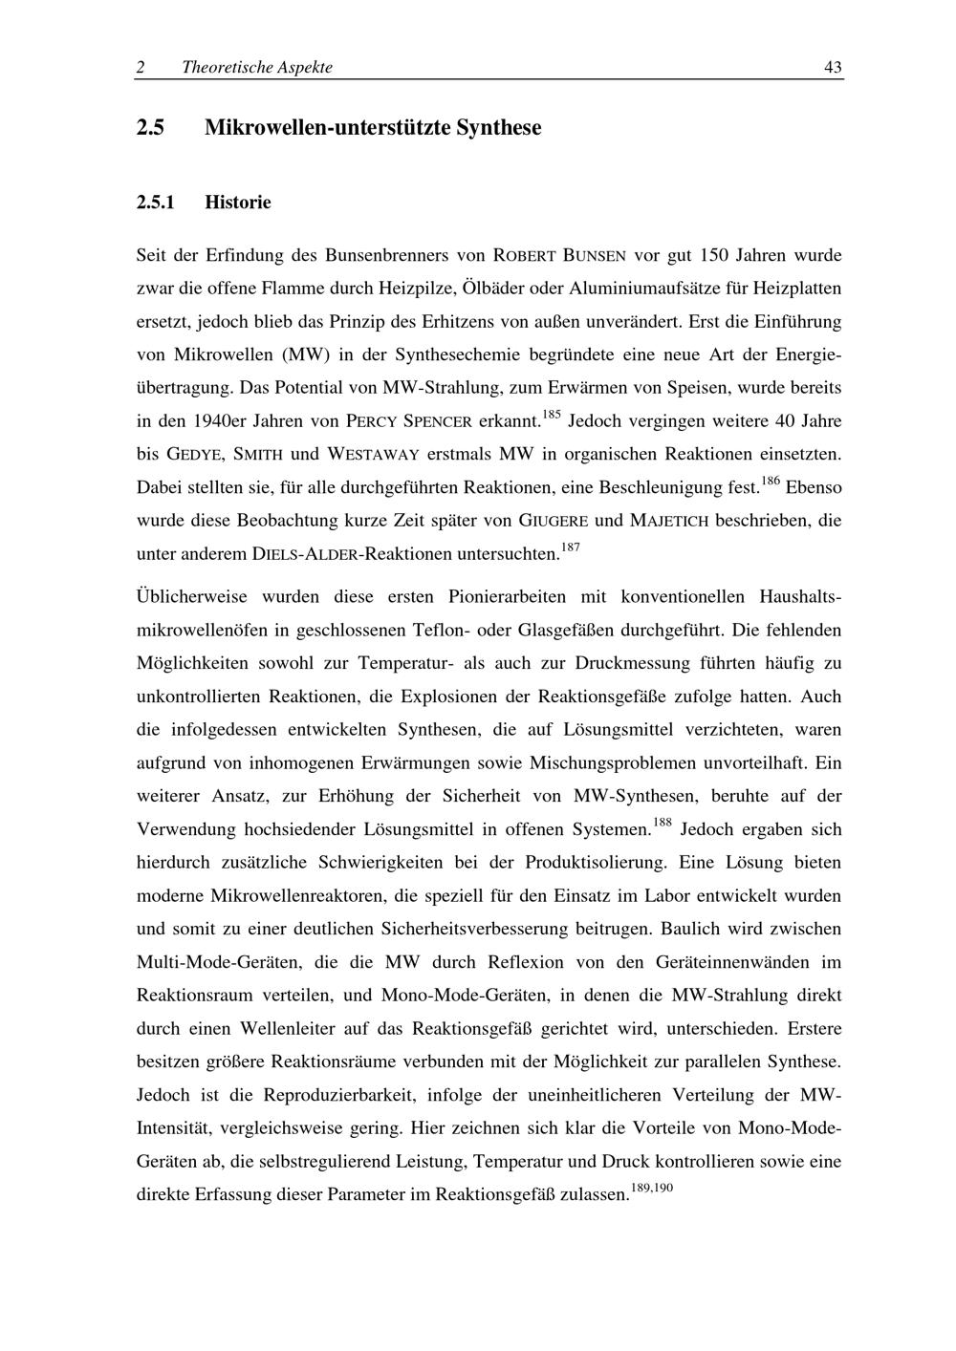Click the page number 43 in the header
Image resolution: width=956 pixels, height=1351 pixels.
(x=833, y=67)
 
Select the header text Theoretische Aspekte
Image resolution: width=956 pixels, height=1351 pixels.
(x=257, y=67)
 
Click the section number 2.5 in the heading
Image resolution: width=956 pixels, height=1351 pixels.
(x=151, y=128)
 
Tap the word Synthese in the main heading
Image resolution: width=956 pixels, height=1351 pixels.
(x=498, y=128)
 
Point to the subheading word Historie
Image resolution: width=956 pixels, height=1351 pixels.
(x=238, y=203)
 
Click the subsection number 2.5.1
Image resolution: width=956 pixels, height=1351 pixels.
(x=158, y=203)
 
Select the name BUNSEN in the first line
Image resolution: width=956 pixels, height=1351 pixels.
(x=595, y=256)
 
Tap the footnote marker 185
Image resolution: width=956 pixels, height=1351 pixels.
(x=551, y=415)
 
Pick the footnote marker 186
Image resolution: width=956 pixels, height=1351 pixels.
(x=771, y=481)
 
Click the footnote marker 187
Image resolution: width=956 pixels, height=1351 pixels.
(x=570, y=547)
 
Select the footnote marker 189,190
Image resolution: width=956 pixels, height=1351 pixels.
(x=653, y=1188)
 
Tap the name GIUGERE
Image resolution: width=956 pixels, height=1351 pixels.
(x=552, y=521)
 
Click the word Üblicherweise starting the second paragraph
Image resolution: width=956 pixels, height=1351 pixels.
(x=192, y=597)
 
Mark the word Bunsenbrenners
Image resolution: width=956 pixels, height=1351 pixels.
(x=387, y=255)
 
